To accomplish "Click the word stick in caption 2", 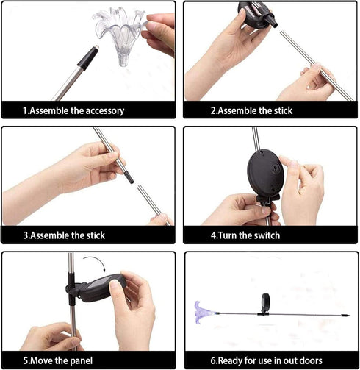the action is [283, 110].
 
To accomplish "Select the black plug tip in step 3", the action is [129, 177].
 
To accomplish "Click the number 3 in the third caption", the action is [26, 235].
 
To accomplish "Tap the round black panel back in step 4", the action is [265, 171].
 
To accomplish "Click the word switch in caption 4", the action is [267, 235].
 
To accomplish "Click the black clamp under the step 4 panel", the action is [267, 200].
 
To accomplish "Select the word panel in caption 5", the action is [82, 361].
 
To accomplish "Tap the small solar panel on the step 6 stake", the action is [265, 303].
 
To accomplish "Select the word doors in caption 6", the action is [311, 360].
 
